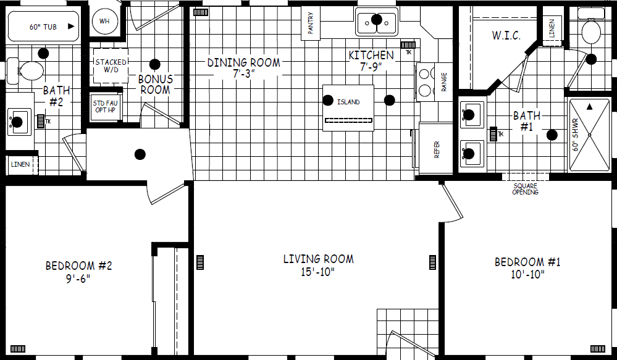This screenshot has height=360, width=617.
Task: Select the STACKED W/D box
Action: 111,65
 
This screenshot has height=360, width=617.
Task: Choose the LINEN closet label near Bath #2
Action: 19,164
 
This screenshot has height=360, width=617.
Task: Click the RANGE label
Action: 444,82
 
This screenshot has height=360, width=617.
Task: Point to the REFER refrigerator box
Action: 437,149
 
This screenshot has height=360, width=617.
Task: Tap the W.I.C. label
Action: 506,35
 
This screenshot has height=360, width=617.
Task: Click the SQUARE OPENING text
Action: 525,189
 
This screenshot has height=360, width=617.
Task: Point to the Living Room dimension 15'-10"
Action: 318,272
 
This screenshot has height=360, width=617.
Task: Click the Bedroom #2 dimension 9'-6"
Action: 79,278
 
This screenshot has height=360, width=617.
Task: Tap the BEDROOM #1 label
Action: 527,262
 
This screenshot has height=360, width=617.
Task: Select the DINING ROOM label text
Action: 243,62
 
